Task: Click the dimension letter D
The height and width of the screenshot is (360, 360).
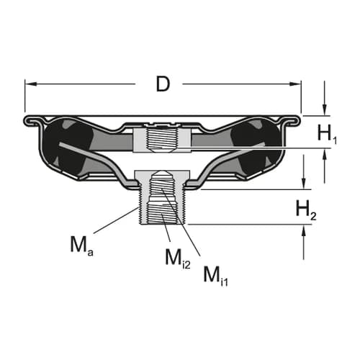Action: (163, 84)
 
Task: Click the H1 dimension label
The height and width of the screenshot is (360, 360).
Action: (327, 134)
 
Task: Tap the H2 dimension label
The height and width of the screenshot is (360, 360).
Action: (306, 210)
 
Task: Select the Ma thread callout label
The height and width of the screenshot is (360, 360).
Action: (81, 246)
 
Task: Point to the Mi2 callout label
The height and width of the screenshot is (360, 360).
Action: (178, 258)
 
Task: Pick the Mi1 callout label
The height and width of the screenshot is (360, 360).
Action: (215, 276)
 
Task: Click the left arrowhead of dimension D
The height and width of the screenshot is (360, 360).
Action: (31, 84)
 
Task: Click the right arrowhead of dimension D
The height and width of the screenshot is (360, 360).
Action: (295, 84)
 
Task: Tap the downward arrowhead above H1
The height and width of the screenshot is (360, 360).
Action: (325, 110)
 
